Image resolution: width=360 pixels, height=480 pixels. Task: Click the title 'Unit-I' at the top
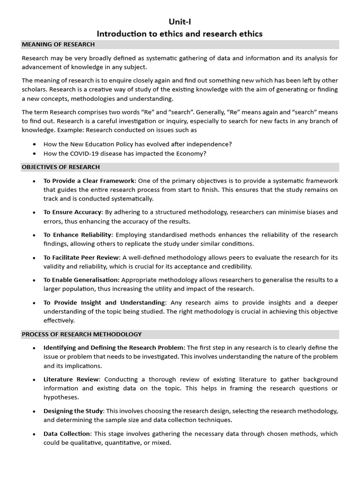click(x=180, y=22)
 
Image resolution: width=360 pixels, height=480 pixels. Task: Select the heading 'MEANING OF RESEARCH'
click(x=58, y=45)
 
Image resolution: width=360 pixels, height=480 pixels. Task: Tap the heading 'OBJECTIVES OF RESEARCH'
click(x=61, y=167)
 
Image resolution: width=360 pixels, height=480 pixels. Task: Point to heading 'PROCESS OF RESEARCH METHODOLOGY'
click(x=82, y=334)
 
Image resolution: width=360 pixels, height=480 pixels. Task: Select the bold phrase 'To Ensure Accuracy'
click(x=72, y=212)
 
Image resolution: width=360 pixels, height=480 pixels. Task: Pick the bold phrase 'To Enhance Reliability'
click(x=77, y=235)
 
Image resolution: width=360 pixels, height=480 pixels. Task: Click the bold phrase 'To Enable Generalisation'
click(x=80, y=280)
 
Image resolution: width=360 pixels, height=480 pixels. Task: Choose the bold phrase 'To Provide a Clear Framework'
click(x=89, y=181)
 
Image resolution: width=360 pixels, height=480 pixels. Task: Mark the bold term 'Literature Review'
click(x=71, y=379)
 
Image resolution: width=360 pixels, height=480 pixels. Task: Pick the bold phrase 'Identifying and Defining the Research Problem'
click(x=114, y=348)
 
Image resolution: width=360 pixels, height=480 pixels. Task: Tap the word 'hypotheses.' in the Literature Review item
click(x=61, y=397)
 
